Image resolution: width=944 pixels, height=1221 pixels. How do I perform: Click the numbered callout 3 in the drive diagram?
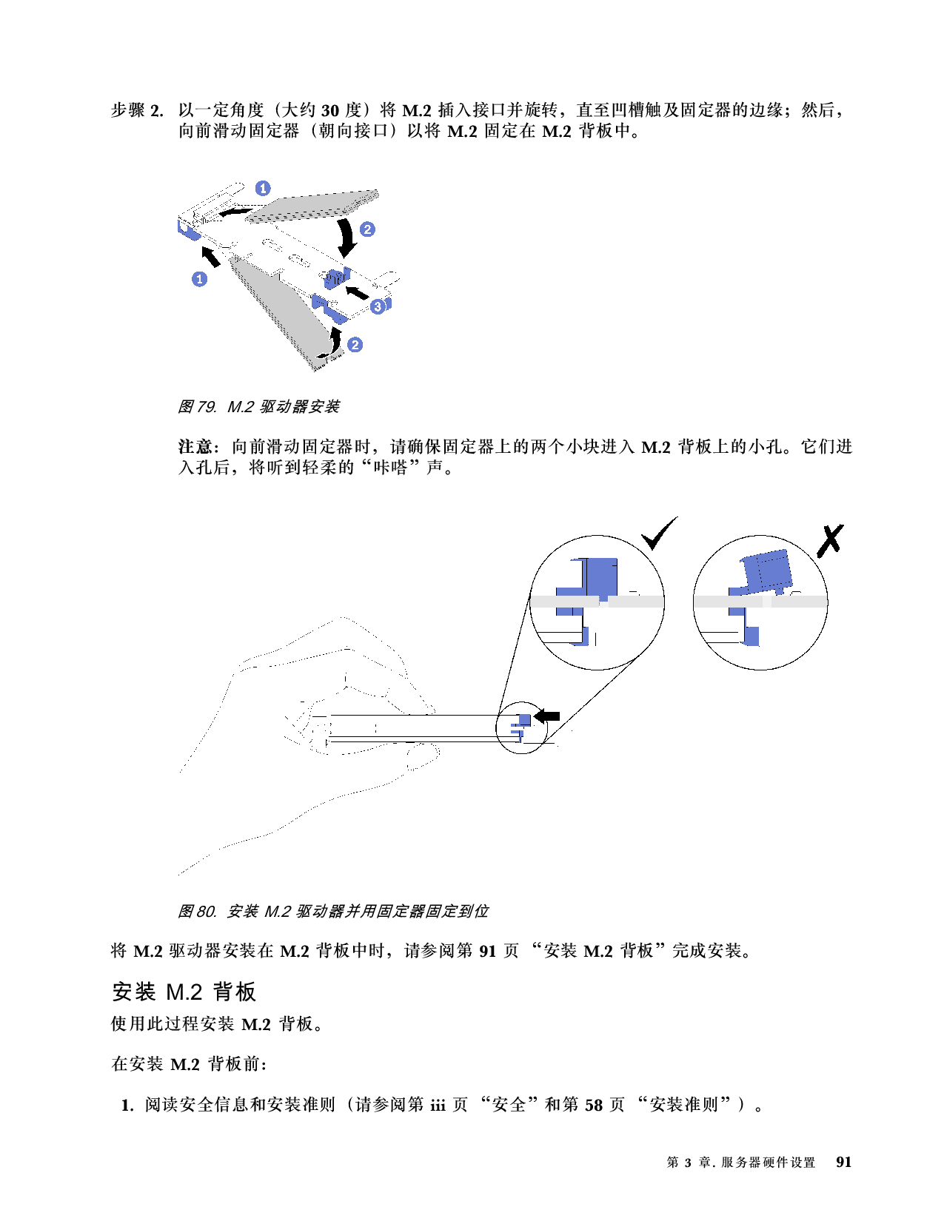[378, 306]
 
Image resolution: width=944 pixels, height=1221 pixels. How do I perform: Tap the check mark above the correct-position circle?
[659, 533]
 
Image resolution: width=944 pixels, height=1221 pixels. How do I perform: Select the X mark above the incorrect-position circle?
[830, 540]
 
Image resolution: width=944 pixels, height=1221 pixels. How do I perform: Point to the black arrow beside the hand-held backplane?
[546, 716]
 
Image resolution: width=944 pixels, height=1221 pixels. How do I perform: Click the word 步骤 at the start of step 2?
[128, 110]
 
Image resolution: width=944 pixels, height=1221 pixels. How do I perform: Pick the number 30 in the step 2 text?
[330, 111]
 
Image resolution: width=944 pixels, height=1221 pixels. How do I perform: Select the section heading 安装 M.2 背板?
[184, 992]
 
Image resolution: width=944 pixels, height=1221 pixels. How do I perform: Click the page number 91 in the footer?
[843, 1162]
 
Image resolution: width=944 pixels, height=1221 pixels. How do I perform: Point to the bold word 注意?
[195, 447]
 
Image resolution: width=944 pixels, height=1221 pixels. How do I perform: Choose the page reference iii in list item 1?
[438, 1105]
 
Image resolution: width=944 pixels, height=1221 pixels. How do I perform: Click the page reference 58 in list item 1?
[594, 1105]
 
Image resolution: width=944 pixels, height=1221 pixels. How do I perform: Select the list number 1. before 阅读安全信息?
[127, 1106]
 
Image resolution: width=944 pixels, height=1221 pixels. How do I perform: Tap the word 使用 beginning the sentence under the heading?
[128, 1023]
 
